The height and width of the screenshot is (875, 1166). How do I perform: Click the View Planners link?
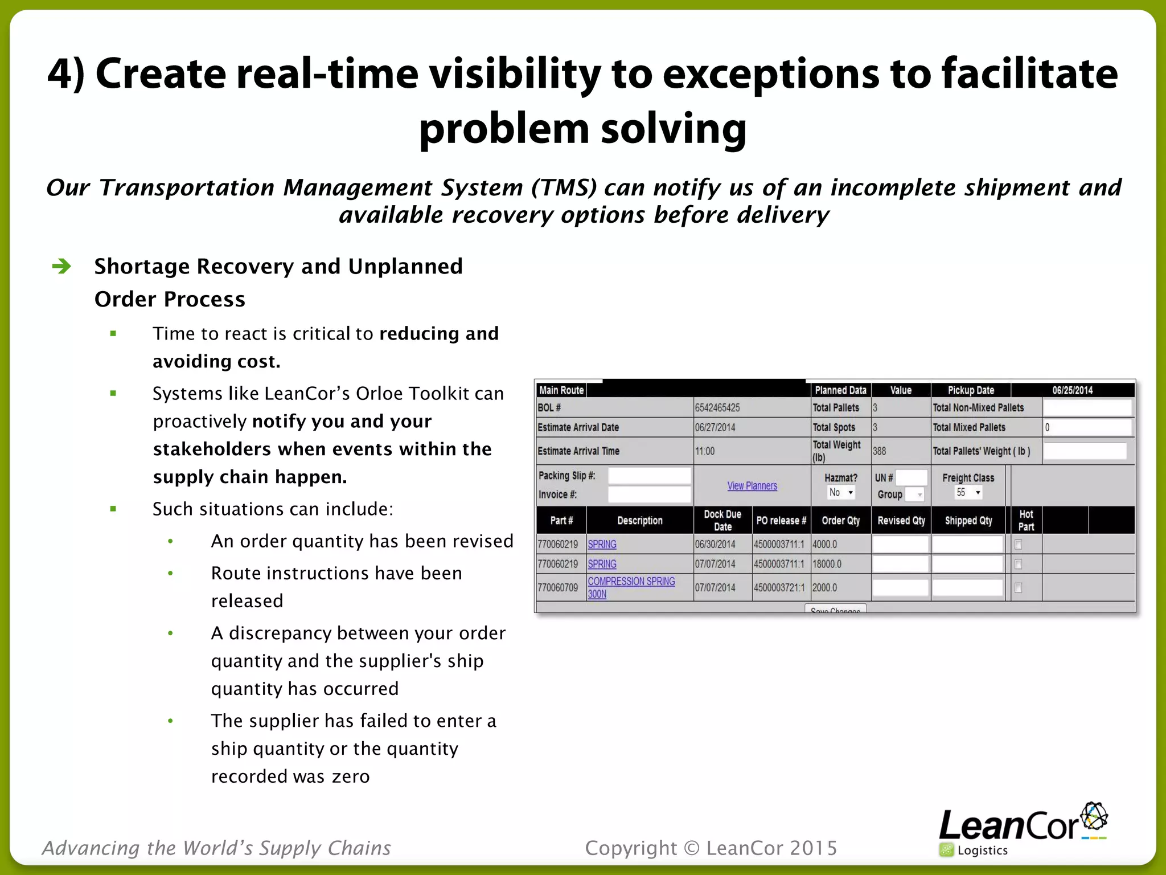752,486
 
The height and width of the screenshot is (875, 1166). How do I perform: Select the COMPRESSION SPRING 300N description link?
631,587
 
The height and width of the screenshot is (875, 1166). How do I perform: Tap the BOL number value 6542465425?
717,408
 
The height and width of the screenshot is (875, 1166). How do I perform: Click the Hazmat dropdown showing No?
841,493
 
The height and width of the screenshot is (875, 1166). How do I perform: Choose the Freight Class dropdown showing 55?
968,493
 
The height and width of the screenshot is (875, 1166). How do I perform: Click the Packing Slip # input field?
649,476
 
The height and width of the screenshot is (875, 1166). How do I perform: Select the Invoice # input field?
649,494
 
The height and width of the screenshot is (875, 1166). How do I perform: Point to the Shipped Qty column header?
968,521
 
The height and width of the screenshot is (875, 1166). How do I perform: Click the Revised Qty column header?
901,521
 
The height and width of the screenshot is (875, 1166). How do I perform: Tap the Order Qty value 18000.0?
827,564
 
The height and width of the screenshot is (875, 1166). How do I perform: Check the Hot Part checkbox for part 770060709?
1019,588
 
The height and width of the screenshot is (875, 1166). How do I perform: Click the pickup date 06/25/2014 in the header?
1072,390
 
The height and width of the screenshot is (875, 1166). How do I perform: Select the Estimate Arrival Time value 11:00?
705,451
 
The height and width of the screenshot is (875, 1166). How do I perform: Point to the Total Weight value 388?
879,451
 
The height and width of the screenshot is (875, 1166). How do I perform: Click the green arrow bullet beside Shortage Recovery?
61,266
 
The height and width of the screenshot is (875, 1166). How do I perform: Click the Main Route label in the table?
561,390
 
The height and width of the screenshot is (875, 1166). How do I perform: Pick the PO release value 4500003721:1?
779,588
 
